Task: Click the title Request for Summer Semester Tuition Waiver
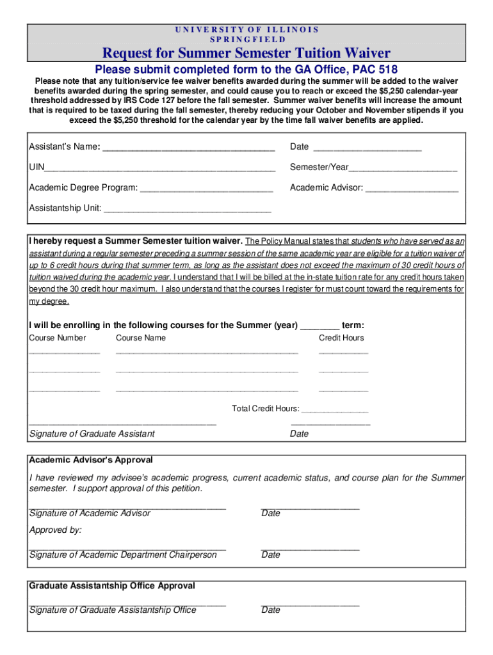tap(247, 52)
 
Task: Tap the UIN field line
tap(160, 169)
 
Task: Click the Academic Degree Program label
tap(83, 188)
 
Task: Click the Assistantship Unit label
tap(65, 209)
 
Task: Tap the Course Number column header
tap(58, 338)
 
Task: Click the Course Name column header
tap(140, 338)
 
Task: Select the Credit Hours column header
tap(341, 338)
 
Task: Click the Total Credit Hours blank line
tap(335, 410)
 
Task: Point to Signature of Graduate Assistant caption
tap(92, 434)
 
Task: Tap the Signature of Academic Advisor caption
tap(90, 513)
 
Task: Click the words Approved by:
tap(56, 530)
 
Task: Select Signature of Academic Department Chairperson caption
tap(123, 555)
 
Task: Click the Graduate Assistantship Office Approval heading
tap(112, 586)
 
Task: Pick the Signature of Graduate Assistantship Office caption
tap(113, 610)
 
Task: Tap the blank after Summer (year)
tap(319, 326)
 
